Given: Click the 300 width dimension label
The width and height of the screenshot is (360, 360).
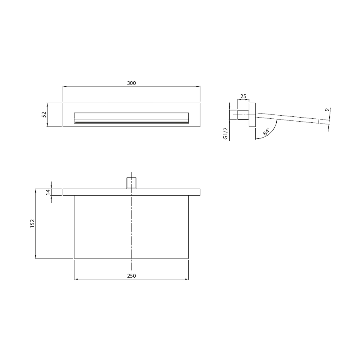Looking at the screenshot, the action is [x=132, y=83].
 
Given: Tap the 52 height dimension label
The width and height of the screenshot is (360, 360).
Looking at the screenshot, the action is [x=44, y=114].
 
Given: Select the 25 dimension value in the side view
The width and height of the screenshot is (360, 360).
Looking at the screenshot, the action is [x=243, y=96].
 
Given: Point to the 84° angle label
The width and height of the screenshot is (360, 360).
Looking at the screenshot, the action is [x=266, y=132].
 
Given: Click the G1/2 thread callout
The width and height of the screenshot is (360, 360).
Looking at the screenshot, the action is [x=225, y=133].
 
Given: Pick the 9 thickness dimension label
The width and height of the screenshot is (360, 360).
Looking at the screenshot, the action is [x=327, y=110].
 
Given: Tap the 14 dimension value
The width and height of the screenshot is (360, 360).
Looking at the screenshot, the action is [x=48, y=192].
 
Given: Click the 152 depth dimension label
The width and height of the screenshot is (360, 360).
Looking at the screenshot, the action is [x=32, y=223].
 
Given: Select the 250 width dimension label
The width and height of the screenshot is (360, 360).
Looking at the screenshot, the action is [x=132, y=276].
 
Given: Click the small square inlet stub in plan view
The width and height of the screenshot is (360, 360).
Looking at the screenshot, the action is [x=131, y=183].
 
